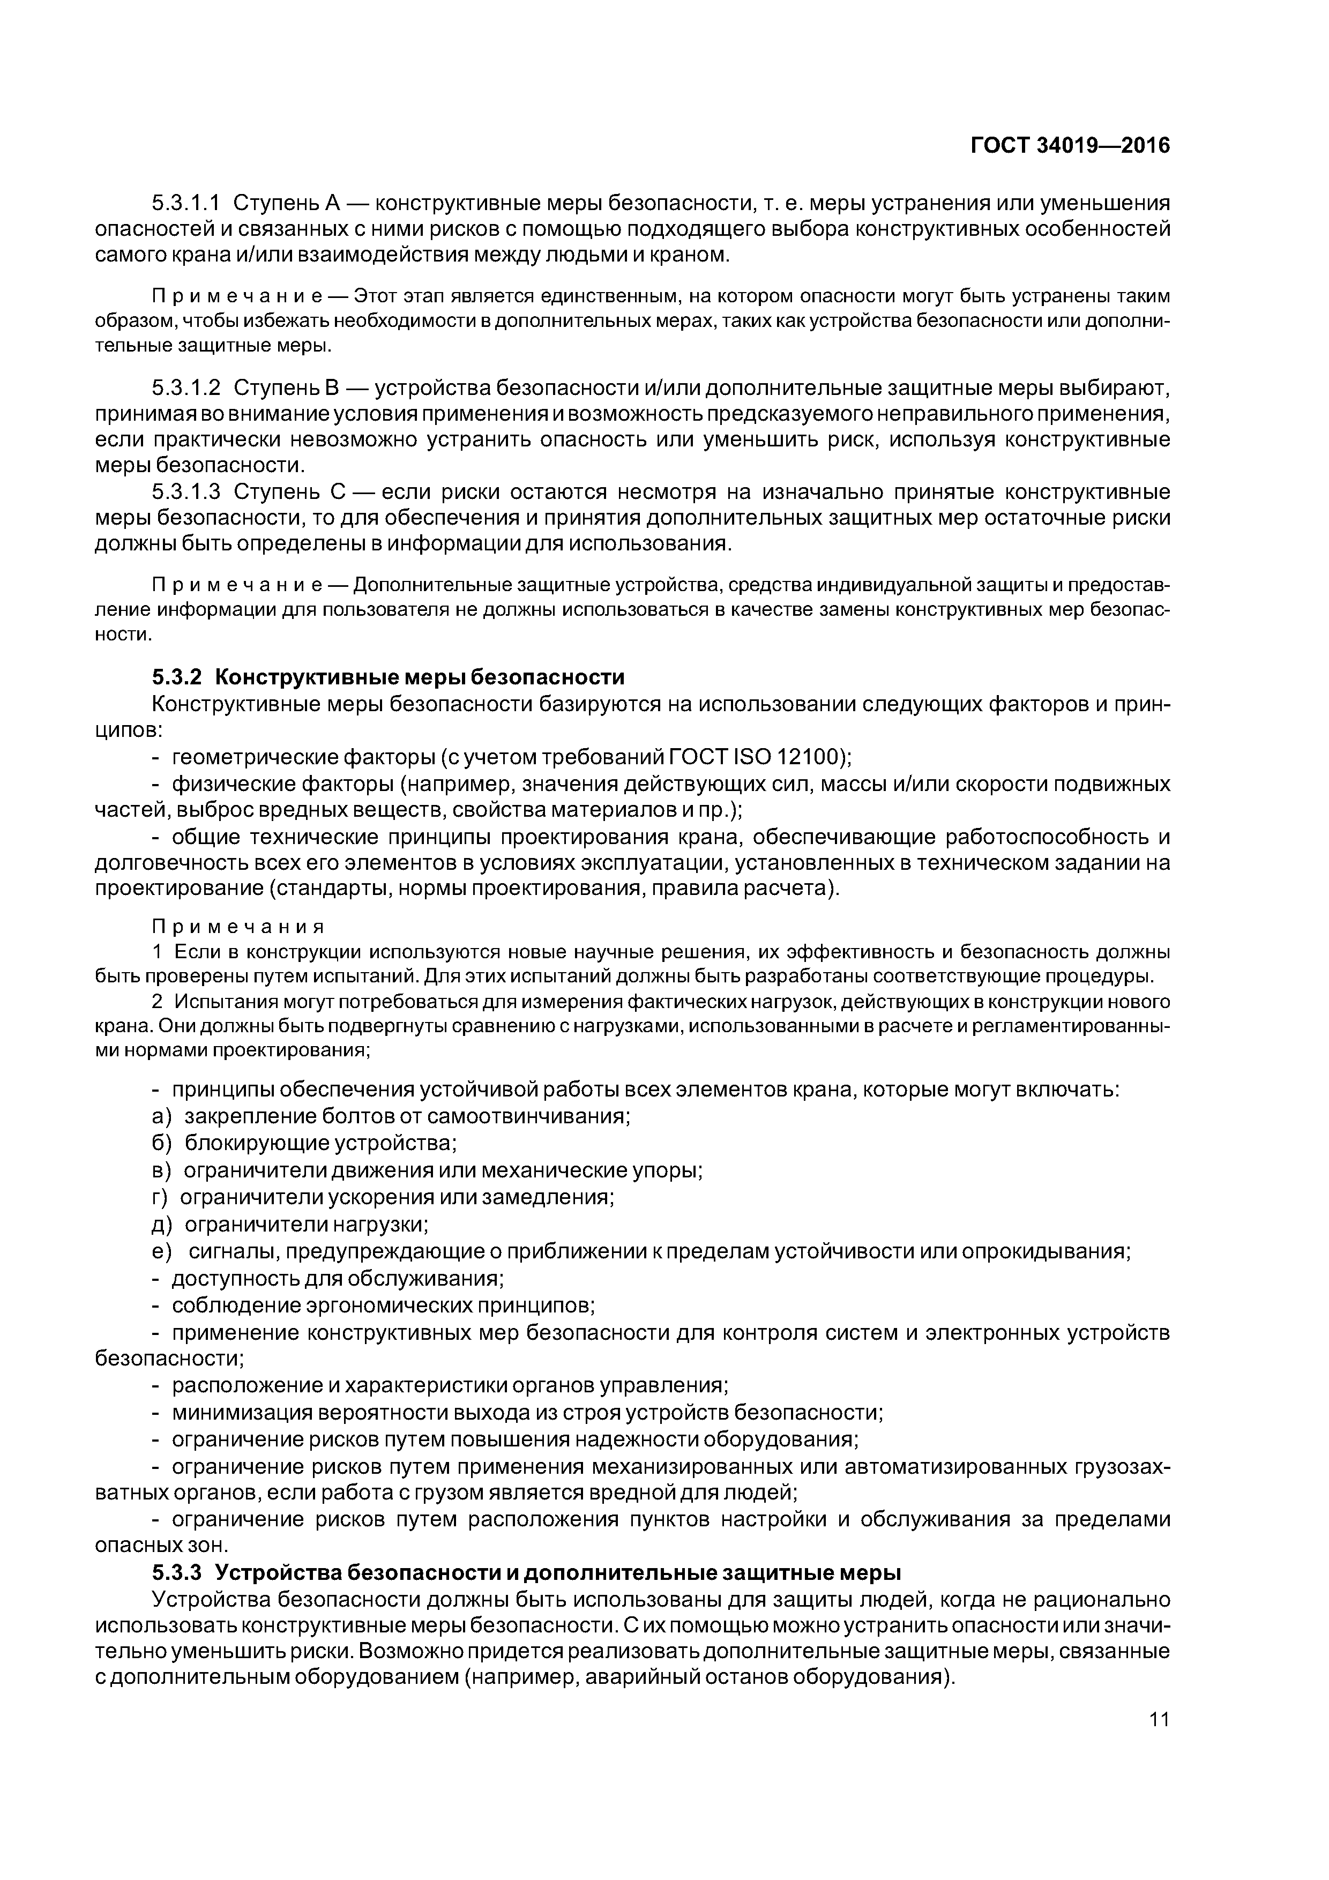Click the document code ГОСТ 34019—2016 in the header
pyautogui.click(x=1070, y=146)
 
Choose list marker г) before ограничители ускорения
pyautogui.click(x=160, y=1197)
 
